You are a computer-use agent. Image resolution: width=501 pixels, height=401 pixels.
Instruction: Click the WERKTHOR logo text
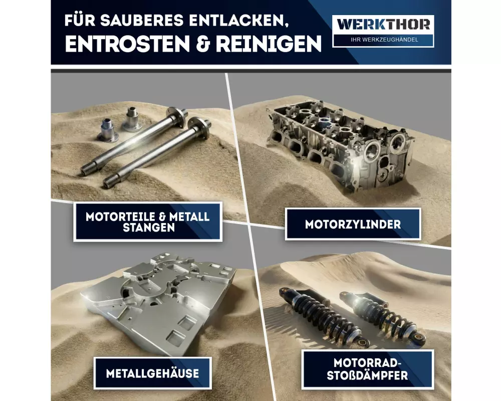[x=383, y=24]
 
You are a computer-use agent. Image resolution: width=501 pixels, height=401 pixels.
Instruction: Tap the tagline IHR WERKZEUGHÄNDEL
[x=384, y=40]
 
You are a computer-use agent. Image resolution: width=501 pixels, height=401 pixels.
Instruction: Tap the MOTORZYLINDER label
[x=353, y=224]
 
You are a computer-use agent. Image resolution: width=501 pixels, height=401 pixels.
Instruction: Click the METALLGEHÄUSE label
[x=152, y=373]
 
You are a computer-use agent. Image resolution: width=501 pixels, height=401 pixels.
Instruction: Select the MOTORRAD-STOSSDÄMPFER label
[x=367, y=369]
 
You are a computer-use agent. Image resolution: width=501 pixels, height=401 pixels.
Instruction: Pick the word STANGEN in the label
[x=149, y=228]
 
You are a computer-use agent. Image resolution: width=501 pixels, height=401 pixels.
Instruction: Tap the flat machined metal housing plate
[x=160, y=302]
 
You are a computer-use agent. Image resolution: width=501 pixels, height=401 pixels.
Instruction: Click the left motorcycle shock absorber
[x=323, y=317]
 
